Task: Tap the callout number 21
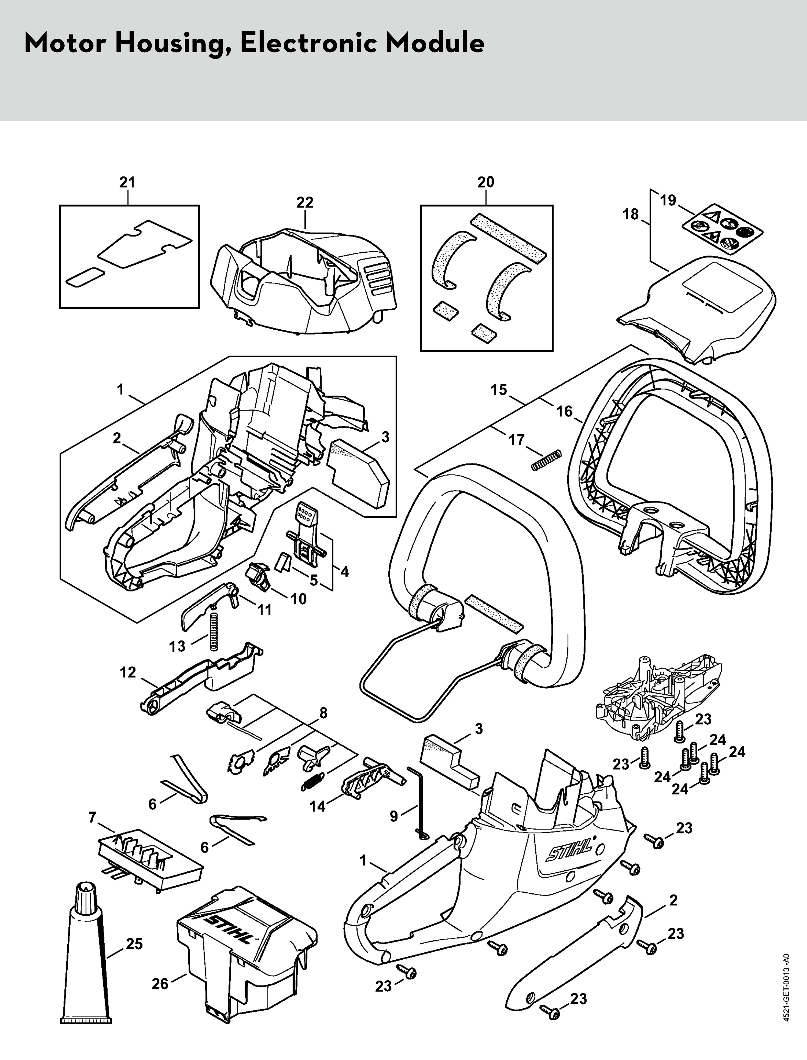(127, 183)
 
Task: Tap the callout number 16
(565, 411)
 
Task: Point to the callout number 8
(323, 713)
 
